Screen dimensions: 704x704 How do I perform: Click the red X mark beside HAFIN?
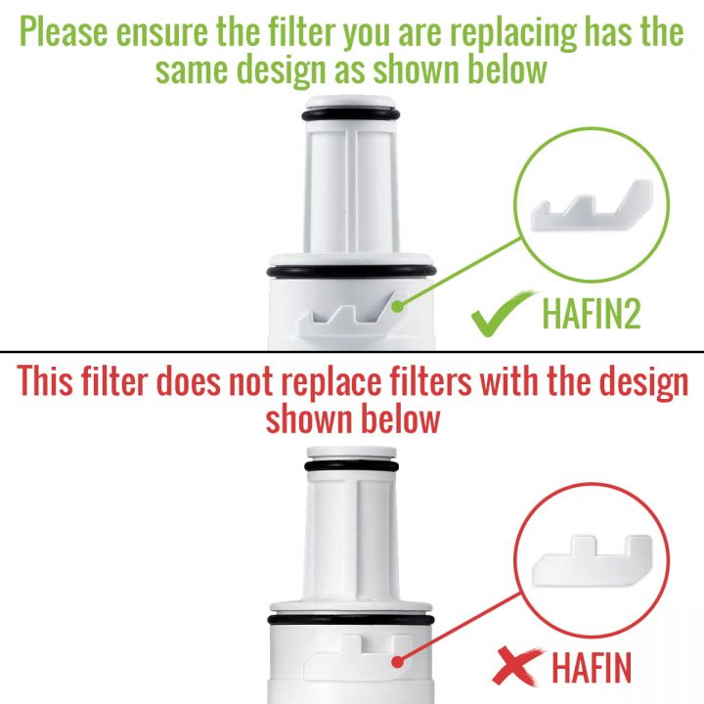pyautogui.click(x=517, y=666)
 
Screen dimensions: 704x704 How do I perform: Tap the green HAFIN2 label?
pyautogui.click(x=592, y=313)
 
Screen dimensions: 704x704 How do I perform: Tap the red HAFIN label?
pyautogui.click(x=592, y=668)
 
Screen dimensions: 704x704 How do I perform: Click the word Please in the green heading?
pyautogui.click(x=64, y=32)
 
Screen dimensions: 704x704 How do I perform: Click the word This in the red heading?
pyautogui.click(x=45, y=380)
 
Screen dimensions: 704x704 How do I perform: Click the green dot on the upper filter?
pyautogui.click(x=397, y=307)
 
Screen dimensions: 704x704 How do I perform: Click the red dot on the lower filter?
pyautogui.click(x=397, y=662)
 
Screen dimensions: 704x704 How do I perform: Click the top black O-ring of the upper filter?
pyautogui.click(x=351, y=114)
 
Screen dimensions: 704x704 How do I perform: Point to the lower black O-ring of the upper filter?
pyautogui.click(x=351, y=272)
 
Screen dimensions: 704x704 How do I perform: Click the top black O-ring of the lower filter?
pyautogui.click(x=351, y=466)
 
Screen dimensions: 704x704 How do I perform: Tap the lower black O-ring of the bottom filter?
pyautogui.click(x=351, y=621)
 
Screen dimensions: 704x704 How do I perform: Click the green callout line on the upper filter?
pyautogui.click(x=460, y=272)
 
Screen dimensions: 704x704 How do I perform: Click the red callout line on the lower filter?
pyautogui.click(x=460, y=628)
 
